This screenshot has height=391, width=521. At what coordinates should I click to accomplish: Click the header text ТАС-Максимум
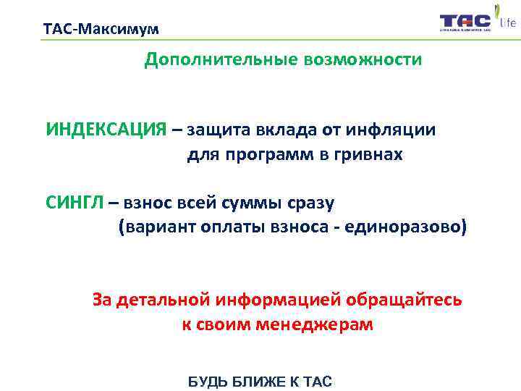(x=101, y=30)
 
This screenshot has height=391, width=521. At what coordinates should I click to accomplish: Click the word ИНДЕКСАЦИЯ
(x=106, y=130)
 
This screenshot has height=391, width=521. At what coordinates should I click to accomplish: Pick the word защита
(x=215, y=130)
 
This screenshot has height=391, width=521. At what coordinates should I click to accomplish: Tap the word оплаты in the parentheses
(x=233, y=227)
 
